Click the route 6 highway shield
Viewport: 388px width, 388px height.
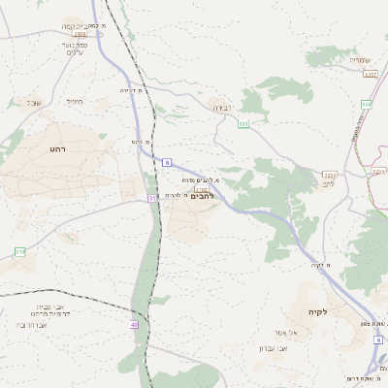click(x=168, y=162)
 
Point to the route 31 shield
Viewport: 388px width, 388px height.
click(x=151, y=198)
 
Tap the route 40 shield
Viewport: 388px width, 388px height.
click(x=133, y=326)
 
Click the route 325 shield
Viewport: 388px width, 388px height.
click(x=243, y=124)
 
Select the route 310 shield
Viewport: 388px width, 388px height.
click(x=19, y=252)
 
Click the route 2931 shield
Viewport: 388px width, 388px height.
click(x=80, y=33)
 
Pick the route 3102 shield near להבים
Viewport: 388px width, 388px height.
click(x=201, y=188)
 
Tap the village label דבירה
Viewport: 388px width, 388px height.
click(x=222, y=109)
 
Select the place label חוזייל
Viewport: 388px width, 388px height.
click(x=75, y=101)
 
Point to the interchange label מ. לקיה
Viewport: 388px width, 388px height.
click(x=320, y=265)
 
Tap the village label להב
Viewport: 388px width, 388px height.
click(x=328, y=183)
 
